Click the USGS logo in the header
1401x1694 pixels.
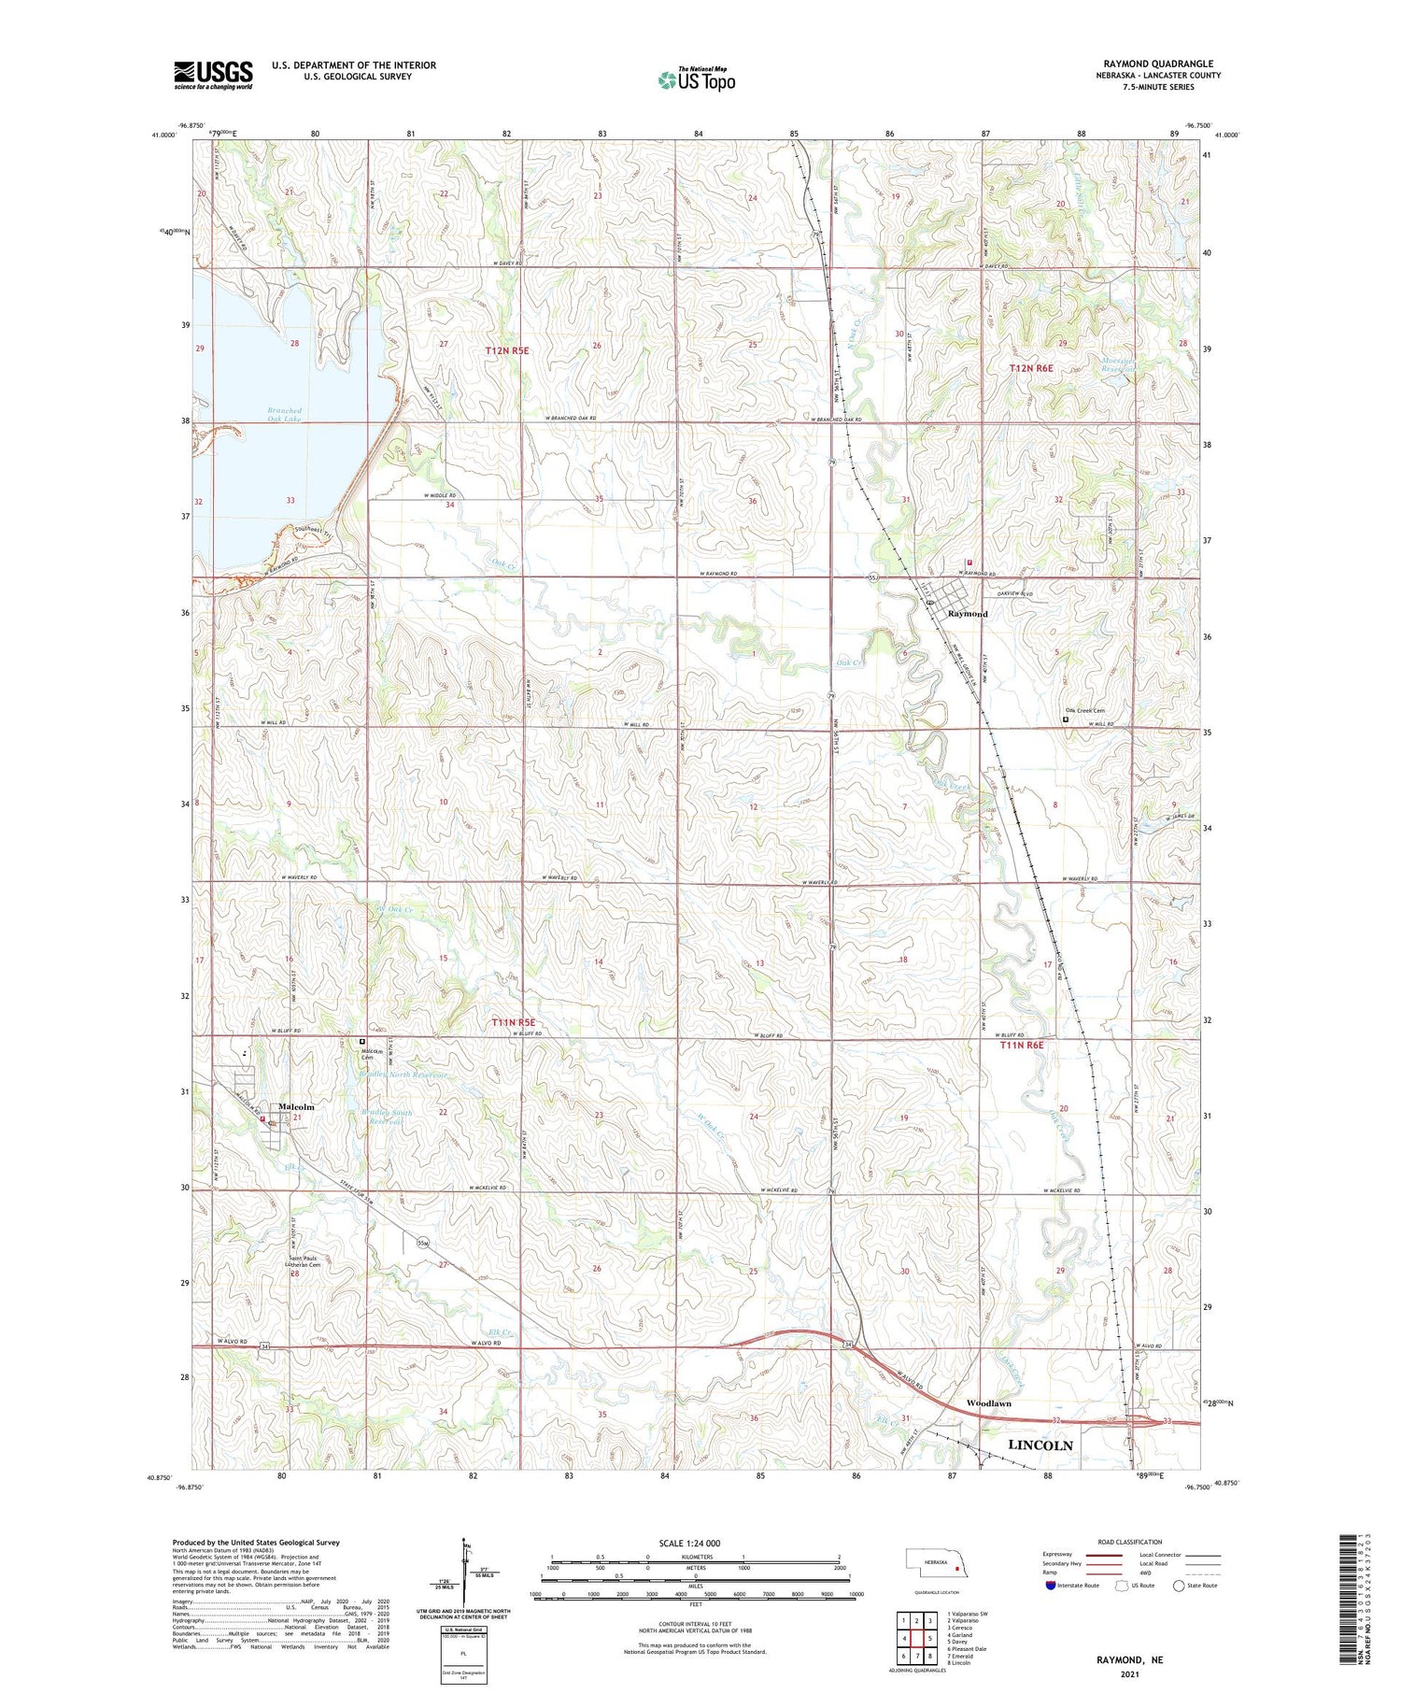213,75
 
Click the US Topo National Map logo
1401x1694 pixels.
697,80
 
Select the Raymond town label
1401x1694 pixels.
967,614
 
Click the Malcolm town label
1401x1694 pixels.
296,1106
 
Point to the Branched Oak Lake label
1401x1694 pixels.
285,415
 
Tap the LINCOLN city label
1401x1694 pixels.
1040,1445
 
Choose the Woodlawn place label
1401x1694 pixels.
988,1403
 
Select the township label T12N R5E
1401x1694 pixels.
507,350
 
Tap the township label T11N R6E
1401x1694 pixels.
1021,1046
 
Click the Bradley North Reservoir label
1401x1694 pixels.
403,1075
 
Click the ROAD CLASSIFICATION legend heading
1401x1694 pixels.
1130,1542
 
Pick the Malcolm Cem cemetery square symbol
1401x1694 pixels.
362,1041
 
